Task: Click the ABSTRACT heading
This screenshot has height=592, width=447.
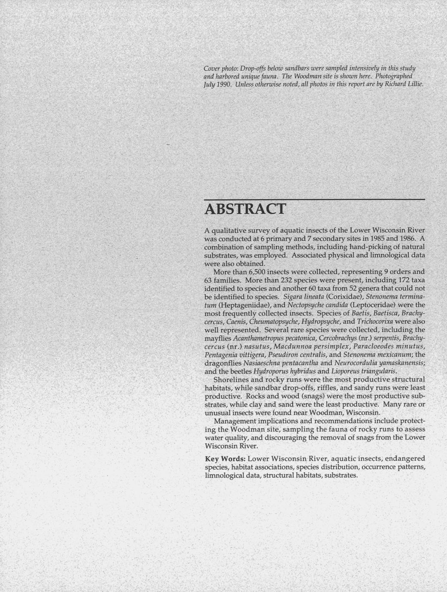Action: pyautogui.click(x=245, y=209)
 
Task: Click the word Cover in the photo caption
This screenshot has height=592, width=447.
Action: pyautogui.click(x=212, y=69)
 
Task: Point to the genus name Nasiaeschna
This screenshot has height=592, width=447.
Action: pyautogui.click(x=262, y=363)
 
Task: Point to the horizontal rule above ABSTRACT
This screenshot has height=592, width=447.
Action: pyautogui.click(x=314, y=200)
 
